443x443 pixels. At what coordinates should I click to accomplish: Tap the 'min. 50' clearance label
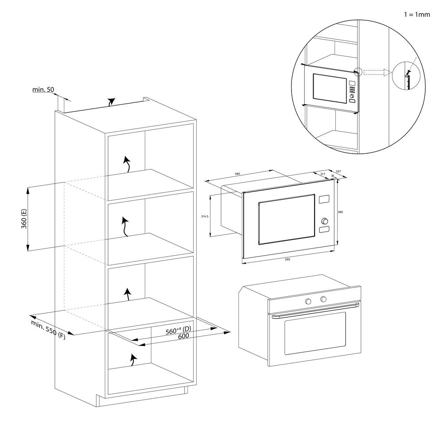click(43, 90)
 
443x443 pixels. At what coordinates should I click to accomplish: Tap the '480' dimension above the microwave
click(237, 174)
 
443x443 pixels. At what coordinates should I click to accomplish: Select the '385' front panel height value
click(340, 212)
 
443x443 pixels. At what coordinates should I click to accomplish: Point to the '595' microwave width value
click(287, 259)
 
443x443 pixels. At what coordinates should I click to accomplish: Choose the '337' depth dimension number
click(338, 171)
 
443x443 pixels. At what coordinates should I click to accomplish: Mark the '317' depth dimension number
click(323, 174)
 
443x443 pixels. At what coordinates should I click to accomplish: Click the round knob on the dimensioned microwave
click(325, 220)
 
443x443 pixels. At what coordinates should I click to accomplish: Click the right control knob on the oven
click(323, 299)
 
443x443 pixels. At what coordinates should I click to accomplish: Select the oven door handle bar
click(315, 310)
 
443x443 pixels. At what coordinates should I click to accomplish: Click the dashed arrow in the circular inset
click(377, 72)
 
